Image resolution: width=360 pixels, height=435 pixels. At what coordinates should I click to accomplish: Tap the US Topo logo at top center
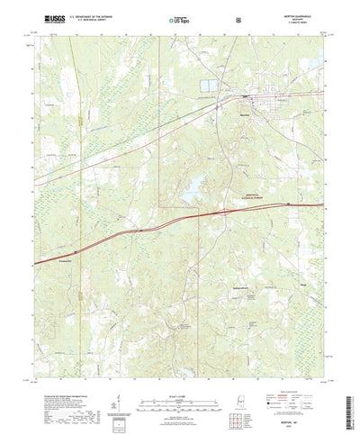179,18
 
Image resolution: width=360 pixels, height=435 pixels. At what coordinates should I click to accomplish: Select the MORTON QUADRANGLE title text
298,14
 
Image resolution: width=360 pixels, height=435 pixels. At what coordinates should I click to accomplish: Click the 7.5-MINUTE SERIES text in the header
298,22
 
